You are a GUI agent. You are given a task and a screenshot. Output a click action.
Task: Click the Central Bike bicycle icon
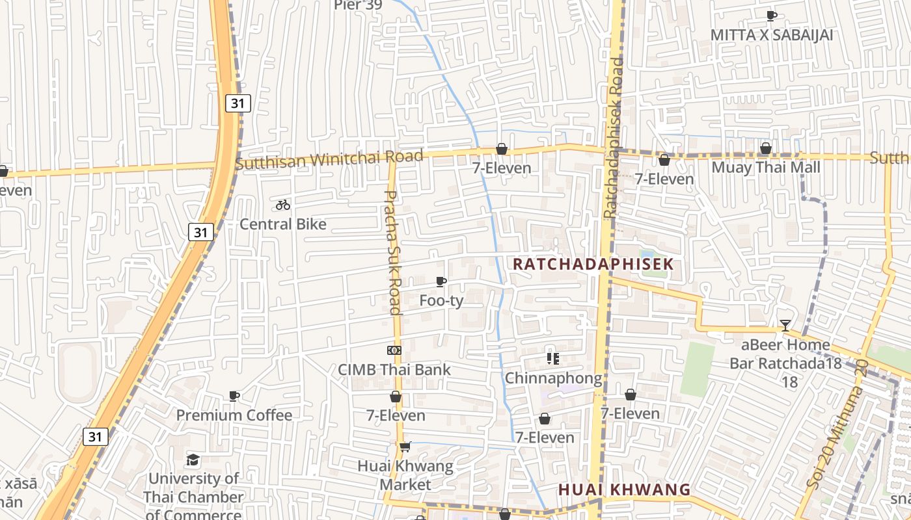282,205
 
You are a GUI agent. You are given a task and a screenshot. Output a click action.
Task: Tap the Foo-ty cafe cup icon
441,281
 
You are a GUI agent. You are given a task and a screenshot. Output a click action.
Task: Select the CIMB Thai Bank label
394,370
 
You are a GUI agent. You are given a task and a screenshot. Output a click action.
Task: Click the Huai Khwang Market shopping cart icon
405,447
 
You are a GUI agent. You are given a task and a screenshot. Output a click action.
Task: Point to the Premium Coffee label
234,415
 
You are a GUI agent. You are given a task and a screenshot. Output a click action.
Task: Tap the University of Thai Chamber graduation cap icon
193,460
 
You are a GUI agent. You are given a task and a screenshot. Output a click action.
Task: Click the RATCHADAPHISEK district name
593,265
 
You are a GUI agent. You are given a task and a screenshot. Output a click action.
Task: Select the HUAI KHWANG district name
624,489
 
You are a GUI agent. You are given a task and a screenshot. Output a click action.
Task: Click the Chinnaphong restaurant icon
553,358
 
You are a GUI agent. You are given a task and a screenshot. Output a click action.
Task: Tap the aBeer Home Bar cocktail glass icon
785,326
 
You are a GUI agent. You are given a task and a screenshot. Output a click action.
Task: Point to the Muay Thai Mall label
766,168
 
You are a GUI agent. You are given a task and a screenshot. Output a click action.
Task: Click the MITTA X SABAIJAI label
771,35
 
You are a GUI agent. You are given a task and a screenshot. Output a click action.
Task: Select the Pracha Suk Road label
392,252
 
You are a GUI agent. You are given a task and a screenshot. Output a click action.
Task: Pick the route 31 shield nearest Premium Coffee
96,437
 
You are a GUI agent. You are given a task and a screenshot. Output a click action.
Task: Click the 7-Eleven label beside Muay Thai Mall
664,178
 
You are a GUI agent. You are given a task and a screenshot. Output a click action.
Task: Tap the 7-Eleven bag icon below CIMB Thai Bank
396,396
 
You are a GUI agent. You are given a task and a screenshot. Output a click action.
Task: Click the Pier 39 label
358,5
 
